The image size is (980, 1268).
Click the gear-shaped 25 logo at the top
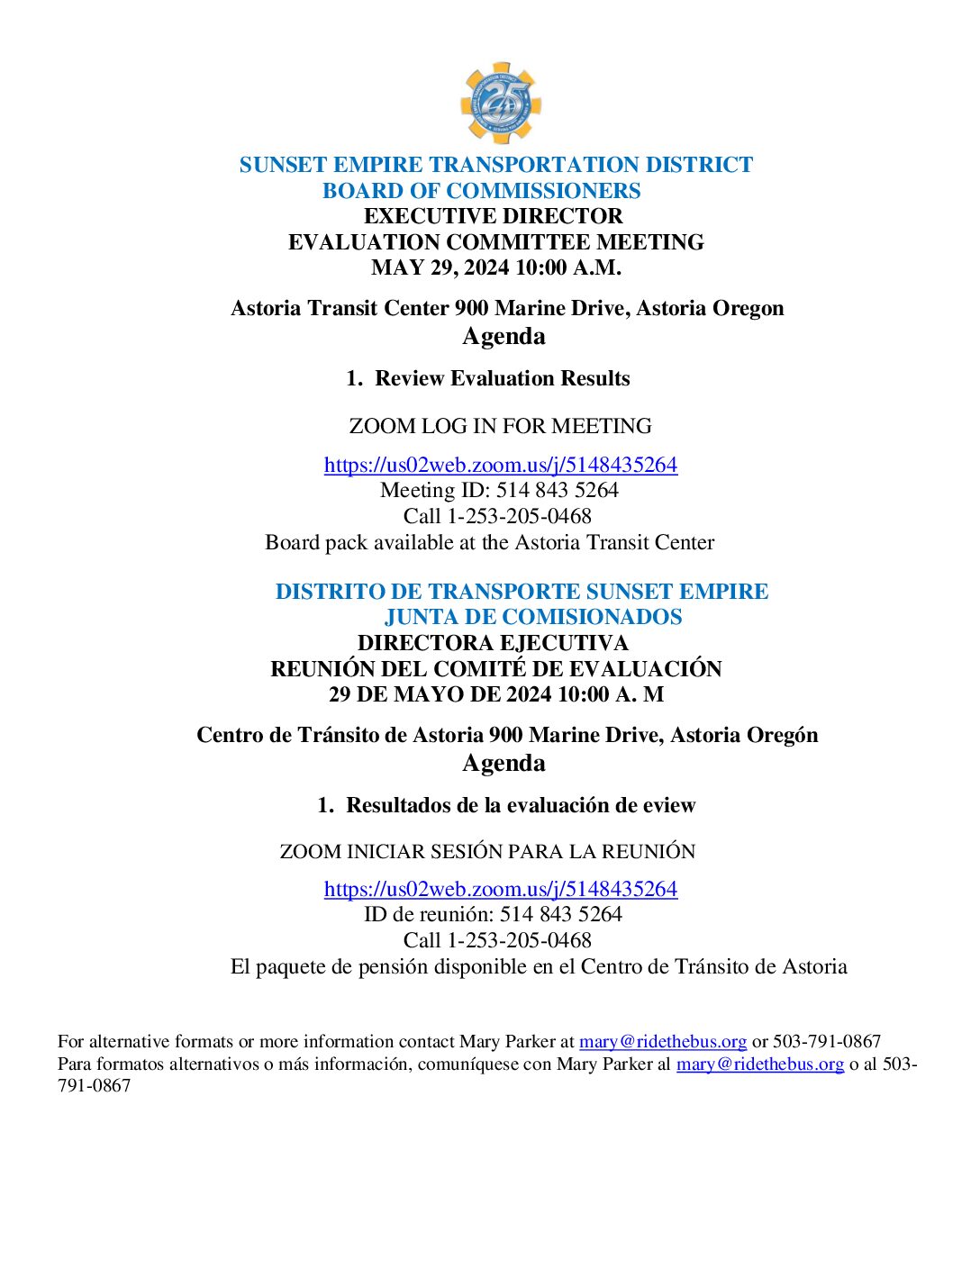(500, 103)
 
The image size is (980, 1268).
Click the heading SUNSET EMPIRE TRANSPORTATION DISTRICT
(495, 165)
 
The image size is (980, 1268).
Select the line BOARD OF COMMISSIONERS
(481, 191)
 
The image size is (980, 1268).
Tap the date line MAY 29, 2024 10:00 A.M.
(495, 267)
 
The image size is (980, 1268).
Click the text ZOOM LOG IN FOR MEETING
(500, 426)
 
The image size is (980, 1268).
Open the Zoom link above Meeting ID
(500, 465)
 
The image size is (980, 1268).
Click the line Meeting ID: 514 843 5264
(499, 490)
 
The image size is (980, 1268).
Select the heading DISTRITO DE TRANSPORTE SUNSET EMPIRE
(522, 592)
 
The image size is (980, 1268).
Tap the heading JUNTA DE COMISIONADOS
(532, 617)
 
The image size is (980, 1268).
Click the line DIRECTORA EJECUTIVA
(493, 643)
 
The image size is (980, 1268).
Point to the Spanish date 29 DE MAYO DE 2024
(495, 694)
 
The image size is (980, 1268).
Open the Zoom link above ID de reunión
(500, 889)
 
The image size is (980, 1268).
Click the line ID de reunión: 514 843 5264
(493, 914)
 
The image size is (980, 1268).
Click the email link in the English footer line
(662, 1042)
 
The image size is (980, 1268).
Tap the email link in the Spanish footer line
(759, 1064)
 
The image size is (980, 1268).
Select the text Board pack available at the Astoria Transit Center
(489, 542)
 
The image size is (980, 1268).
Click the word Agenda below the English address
(504, 336)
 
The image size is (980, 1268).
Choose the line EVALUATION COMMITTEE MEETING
(495, 242)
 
